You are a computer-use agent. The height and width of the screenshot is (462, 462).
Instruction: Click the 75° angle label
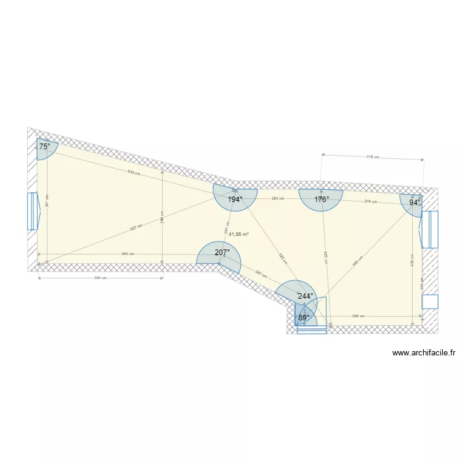pyautogui.click(x=44, y=147)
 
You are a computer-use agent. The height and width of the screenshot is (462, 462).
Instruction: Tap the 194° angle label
pyautogui.click(x=235, y=200)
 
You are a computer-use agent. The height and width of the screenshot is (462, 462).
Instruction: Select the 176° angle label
pyautogui.click(x=322, y=200)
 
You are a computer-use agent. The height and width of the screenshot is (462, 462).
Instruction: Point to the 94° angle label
pyautogui.click(x=415, y=202)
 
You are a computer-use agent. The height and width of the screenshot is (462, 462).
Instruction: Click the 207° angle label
pyautogui.click(x=222, y=253)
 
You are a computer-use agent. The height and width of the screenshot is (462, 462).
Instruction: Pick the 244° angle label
pyautogui.click(x=305, y=296)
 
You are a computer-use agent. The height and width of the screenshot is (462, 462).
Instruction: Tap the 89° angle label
pyautogui.click(x=304, y=318)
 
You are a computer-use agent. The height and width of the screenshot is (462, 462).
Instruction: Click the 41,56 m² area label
pyautogui.click(x=238, y=234)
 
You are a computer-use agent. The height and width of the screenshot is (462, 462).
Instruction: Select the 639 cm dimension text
pyautogui.click(x=134, y=172)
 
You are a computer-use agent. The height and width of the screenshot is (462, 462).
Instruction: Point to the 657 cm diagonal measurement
pyautogui.click(x=136, y=227)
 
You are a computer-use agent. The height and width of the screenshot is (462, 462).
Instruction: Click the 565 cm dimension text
pyautogui.click(x=128, y=254)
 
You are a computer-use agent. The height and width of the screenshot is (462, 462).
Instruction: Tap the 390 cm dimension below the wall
pyautogui.click(x=100, y=278)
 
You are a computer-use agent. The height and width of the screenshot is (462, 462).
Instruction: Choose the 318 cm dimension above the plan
pyautogui.click(x=372, y=157)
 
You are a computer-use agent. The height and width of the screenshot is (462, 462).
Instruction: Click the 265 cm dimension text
pyautogui.click(x=278, y=199)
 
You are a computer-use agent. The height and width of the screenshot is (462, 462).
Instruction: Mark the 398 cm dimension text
pyautogui.click(x=359, y=316)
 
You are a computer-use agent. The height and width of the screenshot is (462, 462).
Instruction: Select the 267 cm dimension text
pyautogui.click(x=260, y=274)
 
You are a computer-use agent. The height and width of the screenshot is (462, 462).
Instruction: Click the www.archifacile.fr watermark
pyautogui.click(x=423, y=354)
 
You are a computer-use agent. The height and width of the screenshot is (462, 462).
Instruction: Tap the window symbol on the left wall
pyautogui.click(x=33, y=211)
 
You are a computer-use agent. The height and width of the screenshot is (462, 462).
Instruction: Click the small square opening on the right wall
pyautogui.click(x=430, y=302)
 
